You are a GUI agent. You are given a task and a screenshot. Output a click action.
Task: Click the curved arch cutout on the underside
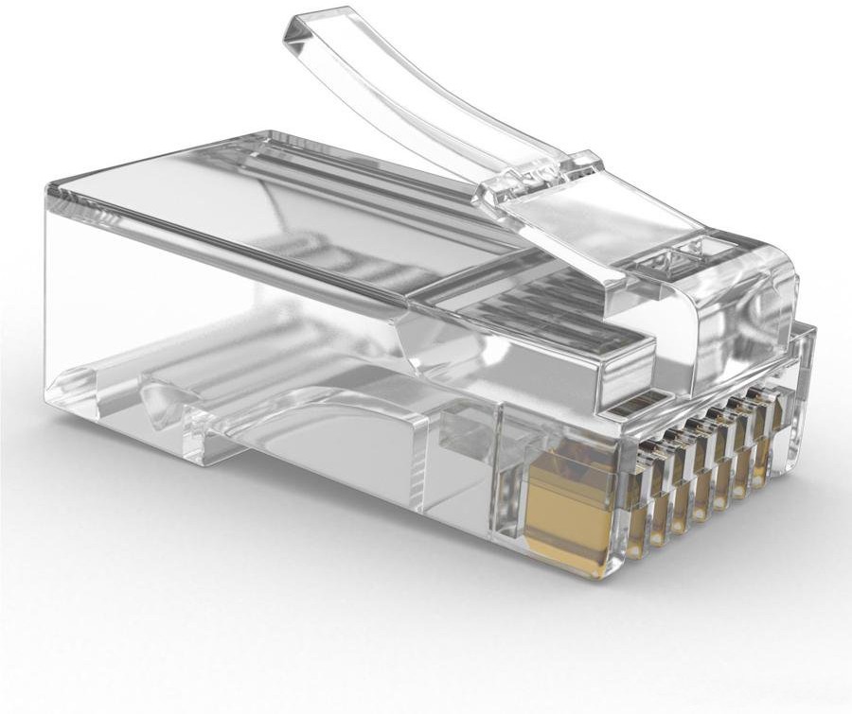pos(312,407)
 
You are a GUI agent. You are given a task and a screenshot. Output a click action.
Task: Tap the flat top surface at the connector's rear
pos(189,189)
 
